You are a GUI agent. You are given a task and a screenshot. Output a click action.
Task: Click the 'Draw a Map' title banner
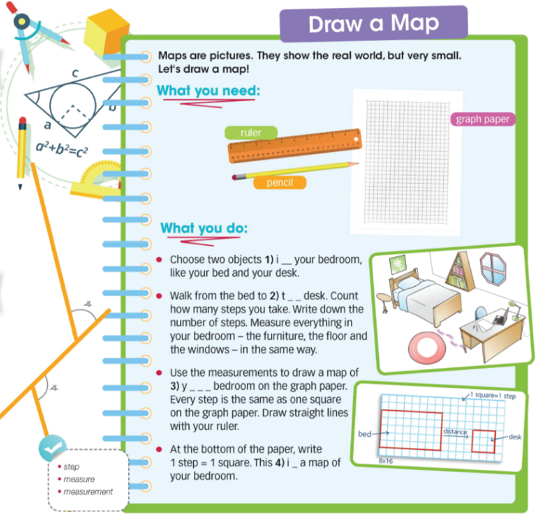tap(373, 24)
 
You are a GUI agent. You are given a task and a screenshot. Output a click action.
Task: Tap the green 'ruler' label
tap(251, 133)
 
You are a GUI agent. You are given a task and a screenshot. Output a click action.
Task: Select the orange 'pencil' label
tap(280, 182)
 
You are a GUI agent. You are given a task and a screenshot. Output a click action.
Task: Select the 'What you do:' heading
tap(204, 229)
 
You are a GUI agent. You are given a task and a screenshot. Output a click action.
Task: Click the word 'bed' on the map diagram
tap(364, 434)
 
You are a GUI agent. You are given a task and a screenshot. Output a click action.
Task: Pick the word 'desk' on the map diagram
tap(515, 437)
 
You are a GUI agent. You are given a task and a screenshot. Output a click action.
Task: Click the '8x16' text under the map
tap(386, 461)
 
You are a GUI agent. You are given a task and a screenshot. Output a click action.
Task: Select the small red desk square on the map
tap(483, 441)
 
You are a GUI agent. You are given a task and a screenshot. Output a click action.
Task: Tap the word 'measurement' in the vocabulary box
tap(88, 492)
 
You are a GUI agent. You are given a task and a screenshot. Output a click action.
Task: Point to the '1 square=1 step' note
tap(495, 397)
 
